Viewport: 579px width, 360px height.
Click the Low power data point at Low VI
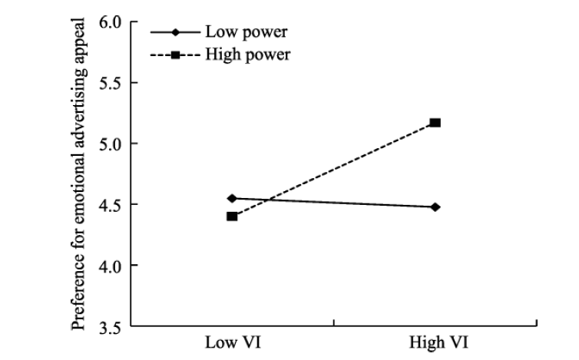[232, 198]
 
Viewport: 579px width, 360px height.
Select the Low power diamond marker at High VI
[435, 206]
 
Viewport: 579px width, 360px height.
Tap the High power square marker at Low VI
[232, 216]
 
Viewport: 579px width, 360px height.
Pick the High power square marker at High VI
[435, 123]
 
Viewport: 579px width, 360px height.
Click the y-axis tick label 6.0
[111, 22]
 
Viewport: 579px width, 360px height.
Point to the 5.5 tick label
[111, 83]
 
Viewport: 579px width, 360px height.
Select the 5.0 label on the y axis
[111, 144]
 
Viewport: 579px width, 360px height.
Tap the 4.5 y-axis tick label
[111, 204]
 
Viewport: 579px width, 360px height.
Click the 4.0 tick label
[111, 266]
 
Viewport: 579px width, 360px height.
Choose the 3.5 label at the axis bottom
[111, 326]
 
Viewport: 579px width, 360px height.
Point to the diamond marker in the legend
[175, 33]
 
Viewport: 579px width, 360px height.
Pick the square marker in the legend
[175, 54]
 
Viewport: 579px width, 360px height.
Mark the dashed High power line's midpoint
[334, 170]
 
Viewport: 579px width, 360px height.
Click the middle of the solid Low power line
[334, 203]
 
